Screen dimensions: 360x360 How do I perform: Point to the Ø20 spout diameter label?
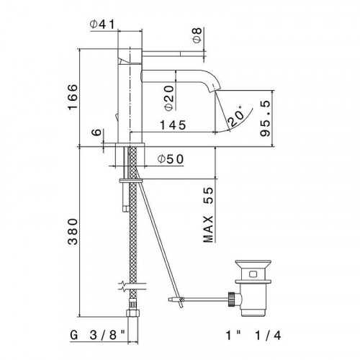[x=168, y=96]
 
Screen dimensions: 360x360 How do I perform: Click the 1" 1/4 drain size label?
[x=271, y=336]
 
